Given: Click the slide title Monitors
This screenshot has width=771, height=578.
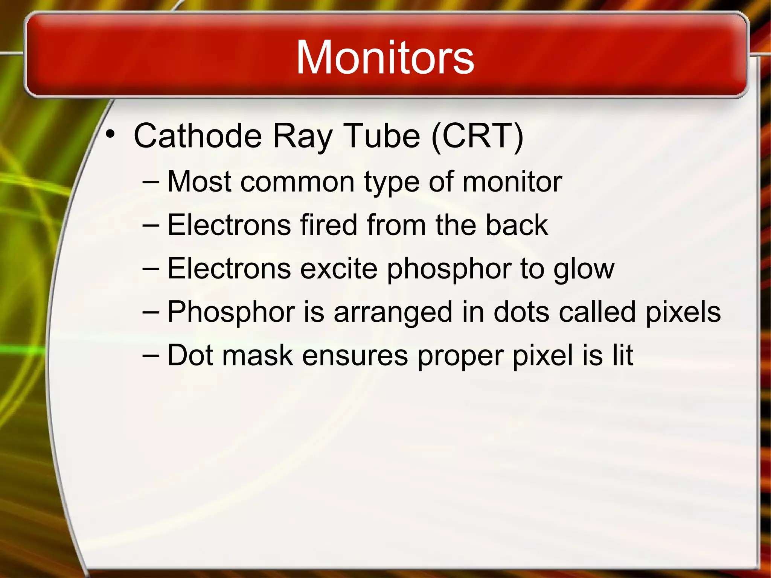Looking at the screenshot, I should (x=385, y=58).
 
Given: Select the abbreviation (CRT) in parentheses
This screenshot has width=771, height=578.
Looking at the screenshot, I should (x=477, y=136).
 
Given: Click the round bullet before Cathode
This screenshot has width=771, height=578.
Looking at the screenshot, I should (x=110, y=134).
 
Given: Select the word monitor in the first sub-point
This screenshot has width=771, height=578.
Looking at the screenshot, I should (x=512, y=182).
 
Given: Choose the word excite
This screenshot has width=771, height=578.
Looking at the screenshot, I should (x=339, y=269).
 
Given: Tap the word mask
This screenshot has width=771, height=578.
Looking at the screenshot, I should (x=258, y=355).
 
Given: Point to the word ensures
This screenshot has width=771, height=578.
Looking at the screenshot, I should (x=355, y=356).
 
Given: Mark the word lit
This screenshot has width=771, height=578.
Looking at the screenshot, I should (x=623, y=355).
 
